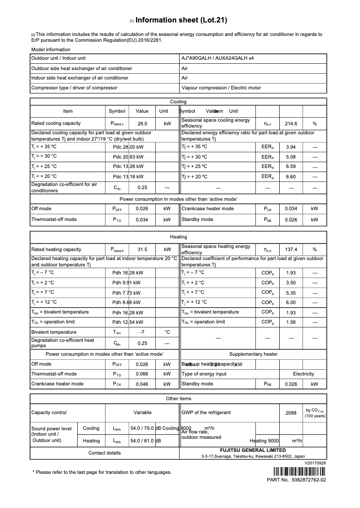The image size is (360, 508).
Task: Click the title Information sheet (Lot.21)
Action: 181,20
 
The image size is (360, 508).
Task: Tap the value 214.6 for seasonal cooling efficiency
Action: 291,124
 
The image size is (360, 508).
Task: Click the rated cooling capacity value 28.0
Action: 142,124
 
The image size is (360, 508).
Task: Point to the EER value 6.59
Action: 291,167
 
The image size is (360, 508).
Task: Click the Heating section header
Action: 178,237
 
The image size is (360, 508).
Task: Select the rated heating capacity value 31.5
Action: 142,250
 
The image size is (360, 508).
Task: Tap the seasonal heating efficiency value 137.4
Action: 291,250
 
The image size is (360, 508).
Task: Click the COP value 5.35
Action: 291,292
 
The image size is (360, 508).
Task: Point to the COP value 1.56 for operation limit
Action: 291,322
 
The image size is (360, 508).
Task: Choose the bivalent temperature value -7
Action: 142,332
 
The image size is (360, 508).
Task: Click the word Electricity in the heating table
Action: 303,374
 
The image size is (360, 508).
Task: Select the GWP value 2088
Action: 291,413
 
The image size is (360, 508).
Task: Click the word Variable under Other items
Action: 142,413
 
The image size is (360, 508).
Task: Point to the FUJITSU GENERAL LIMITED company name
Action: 253,450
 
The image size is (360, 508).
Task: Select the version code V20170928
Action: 315,463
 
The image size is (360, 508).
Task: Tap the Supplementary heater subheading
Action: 253,354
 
